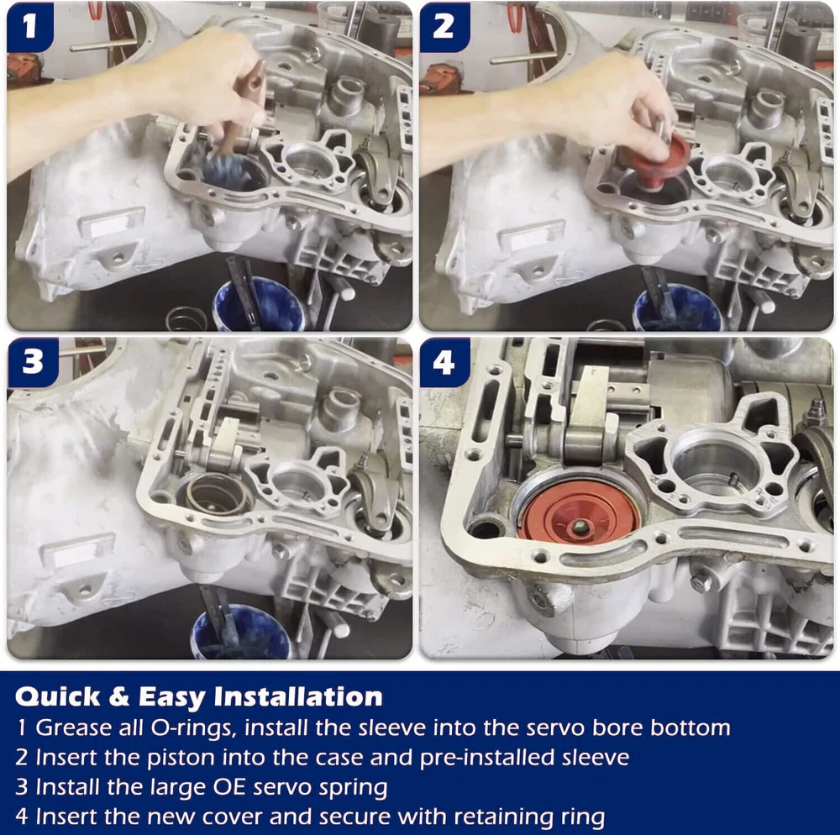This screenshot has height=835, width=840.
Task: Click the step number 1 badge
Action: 30,27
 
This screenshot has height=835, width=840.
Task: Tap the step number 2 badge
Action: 444,27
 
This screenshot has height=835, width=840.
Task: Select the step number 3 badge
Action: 32,362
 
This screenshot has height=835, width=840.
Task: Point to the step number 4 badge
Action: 444,362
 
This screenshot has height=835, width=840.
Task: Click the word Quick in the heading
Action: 57,697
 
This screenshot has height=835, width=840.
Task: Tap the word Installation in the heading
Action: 298,696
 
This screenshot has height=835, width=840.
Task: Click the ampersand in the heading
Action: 119,697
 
